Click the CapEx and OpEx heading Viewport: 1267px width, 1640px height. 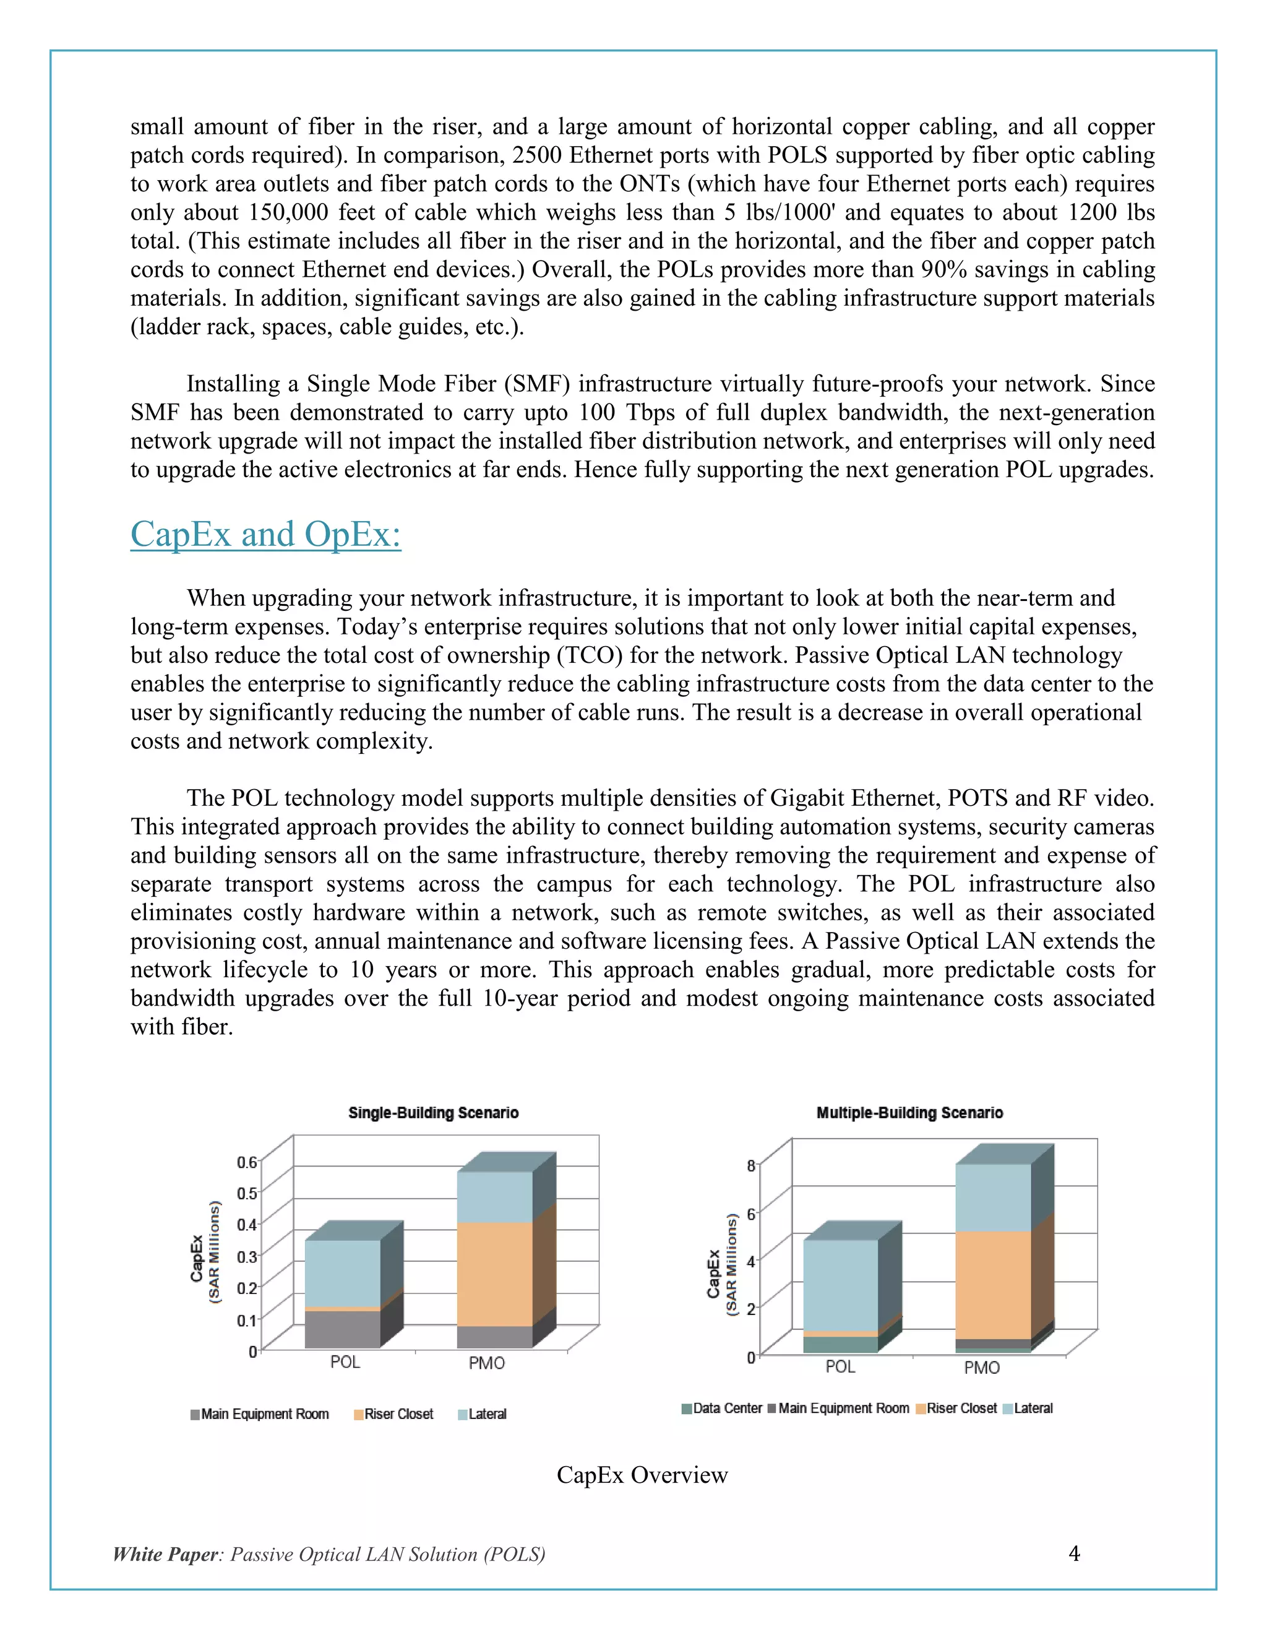(x=265, y=535)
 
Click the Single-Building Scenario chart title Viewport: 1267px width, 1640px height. (x=433, y=1113)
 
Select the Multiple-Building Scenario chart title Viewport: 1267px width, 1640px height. (x=909, y=1113)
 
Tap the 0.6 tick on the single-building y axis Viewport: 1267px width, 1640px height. (x=246, y=1162)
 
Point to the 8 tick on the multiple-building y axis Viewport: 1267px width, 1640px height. (x=750, y=1166)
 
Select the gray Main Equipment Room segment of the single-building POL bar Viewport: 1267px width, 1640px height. (x=342, y=1329)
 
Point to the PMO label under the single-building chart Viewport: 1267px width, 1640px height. (x=486, y=1363)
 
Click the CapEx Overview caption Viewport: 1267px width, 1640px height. (x=642, y=1475)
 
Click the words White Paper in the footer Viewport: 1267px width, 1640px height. (x=165, y=1555)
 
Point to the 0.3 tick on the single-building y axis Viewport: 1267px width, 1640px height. (x=246, y=1256)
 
